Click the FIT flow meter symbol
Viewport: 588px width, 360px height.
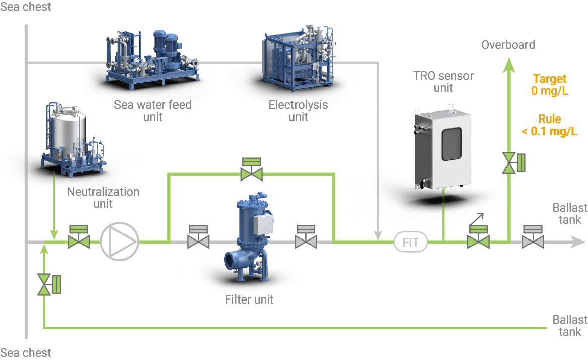click(x=410, y=242)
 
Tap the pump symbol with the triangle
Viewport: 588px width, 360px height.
click(x=120, y=242)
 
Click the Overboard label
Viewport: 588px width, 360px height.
click(x=508, y=45)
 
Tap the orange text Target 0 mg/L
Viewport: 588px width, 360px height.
click(x=550, y=85)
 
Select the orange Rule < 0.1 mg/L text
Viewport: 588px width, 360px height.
click(x=550, y=126)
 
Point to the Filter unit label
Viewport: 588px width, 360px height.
click(x=249, y=299)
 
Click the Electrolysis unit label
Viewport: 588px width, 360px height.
click(x=298, y=111)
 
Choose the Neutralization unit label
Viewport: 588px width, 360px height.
click(x=103, y=198)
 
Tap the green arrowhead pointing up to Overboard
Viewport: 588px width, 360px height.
click(x=509, y=64)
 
